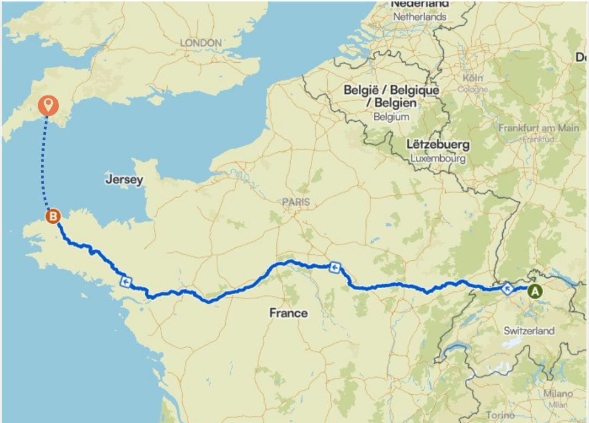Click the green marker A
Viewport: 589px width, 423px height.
click(534, 291)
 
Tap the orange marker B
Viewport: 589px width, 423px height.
click(53, 217)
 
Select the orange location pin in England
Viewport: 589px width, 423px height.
click(49, 104)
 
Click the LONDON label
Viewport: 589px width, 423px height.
click(201, 43)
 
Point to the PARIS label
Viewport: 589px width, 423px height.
click(296, 202)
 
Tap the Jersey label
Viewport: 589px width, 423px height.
click(124, 180)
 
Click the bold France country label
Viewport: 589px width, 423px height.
click(289, 313)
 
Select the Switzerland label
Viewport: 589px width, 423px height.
click(529, 330)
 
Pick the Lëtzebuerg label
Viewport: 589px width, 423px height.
click(438, 145)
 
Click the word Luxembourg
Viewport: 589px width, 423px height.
click(438, 159)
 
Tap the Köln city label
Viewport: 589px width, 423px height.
click(472, 78)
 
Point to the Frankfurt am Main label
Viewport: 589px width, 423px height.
click(538, 128)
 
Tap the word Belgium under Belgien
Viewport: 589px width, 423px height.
click(391, 117)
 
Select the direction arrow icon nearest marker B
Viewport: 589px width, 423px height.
click(127, 282)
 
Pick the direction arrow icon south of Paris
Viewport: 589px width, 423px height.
click(334, 267)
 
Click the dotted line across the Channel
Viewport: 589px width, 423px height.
click(44, 164)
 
